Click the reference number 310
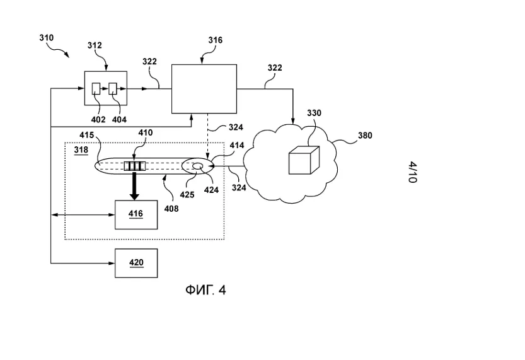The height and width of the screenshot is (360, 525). (x=47, y=38)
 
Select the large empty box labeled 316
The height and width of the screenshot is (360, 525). (x=204, y=89)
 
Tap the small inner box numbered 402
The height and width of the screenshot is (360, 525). (x=96, y=88)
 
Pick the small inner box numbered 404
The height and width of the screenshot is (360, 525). (x=113, y=88)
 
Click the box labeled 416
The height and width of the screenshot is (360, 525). (x=136, y=214)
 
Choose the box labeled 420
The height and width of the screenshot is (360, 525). (x=136, y=263)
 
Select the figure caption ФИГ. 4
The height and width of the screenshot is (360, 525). (x=205, y=290)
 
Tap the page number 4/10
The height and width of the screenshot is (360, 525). (x=412, y=172)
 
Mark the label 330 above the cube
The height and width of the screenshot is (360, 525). (x=314, y=113)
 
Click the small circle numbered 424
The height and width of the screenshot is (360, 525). (x=197, y=167)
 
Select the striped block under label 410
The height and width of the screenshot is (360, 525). (x=135, y=166)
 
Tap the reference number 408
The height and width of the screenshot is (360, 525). (x=171, y=208)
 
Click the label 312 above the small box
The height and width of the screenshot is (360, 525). (x=95, y=45)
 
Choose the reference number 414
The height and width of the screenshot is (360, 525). (x=237, y=146)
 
